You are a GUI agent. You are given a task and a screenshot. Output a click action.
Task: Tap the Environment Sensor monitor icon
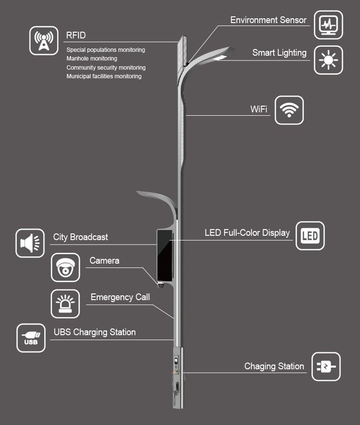[x=328, y=24]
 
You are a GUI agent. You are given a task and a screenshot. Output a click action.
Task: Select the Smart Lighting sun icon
[x=328, y=60]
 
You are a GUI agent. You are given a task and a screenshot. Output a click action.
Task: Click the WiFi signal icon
[x=289, y=110]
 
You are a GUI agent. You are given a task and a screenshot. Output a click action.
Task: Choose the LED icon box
[x=310, y=235]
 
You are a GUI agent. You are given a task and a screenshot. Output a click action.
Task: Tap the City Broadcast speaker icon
[x=30, y=243]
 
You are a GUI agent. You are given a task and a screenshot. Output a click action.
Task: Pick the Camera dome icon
[x=65, y=267]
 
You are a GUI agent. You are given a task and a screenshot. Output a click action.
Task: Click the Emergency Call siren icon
[x=65, y=304]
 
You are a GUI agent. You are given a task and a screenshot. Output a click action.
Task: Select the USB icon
[x=31, y=338]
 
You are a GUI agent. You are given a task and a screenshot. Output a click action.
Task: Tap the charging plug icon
[x=326, y=367]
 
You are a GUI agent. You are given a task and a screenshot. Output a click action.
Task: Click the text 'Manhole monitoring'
[x=92, y=59]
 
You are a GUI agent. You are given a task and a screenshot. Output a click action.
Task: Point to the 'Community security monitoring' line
[x=106, y=68]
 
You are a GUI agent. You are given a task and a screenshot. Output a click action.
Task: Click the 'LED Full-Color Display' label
[x=247, y=233]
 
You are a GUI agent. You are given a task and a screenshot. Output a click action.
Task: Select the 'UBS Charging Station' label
[x=95, y=332]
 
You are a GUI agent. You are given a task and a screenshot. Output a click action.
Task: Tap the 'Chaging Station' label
[x=274, y=366]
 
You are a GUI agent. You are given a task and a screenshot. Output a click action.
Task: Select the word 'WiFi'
[x=259, y=109]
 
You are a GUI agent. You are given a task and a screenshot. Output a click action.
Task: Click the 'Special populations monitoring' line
[x=106, y=50]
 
